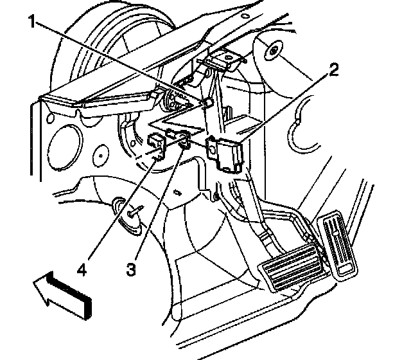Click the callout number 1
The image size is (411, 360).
32,21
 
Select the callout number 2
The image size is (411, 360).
333,69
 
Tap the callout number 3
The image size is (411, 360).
131,269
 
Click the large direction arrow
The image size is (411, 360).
63,294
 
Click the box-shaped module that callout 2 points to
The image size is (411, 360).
225,154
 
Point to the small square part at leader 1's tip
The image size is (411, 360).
208,102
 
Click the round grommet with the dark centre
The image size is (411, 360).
274,50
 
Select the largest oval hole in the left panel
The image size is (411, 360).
64,147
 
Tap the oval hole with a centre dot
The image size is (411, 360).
101,156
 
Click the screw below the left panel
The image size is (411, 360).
135,212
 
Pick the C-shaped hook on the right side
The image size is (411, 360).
301,125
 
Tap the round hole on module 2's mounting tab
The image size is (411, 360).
213,150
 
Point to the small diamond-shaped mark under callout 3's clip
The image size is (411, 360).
178,193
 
